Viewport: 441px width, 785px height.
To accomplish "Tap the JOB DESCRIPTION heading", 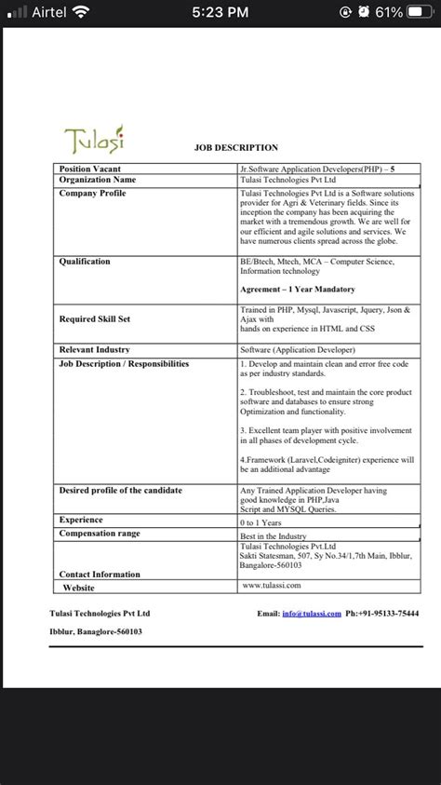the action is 235,148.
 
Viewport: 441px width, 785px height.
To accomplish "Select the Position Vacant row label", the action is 90,168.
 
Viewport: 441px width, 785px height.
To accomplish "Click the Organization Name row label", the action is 97,179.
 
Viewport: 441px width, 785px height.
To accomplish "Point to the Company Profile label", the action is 92,193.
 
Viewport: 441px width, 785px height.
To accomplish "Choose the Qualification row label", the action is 85,262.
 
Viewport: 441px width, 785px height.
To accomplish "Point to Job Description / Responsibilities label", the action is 124,363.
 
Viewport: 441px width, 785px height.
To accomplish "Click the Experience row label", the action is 81,520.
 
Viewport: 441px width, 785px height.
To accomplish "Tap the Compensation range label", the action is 100,534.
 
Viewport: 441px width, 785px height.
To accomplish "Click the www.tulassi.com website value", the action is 271,585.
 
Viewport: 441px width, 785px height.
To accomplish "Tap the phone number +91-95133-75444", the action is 381,614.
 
